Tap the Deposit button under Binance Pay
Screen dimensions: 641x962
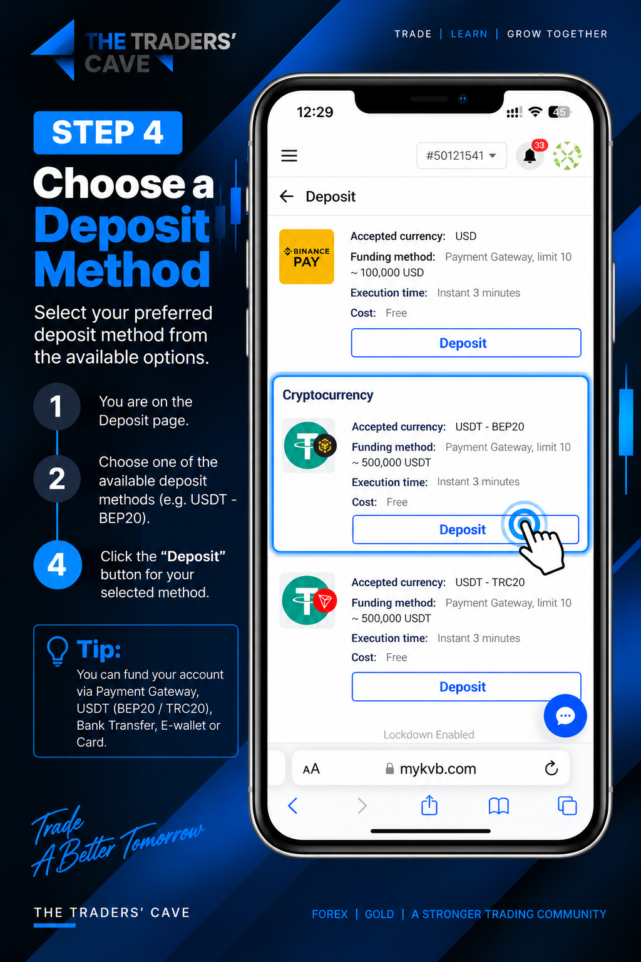coord(466,343)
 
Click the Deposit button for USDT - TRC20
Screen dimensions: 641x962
coord(466,686)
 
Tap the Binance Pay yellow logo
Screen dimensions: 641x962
coord(307,256)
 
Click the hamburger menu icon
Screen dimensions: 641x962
coord(289,155)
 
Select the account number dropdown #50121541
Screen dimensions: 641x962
coord(461,155)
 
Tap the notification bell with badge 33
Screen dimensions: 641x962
coord(531,155)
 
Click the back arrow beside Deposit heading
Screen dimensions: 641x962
coord(286,197)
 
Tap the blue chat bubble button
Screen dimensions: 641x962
coord(565,715)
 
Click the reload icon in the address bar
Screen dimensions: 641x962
coord(551,768)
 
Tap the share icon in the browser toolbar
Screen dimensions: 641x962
coord(429,805)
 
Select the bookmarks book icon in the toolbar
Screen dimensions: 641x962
coord(498,806)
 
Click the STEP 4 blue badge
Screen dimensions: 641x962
coord(108,132)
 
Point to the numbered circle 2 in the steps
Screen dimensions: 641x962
coord(57,478)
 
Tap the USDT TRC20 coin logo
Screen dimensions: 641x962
coord(307,601)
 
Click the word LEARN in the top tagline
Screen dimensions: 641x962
coord(469,34)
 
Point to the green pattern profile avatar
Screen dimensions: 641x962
coord(567,155)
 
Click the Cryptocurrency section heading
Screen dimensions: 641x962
coord(327,395)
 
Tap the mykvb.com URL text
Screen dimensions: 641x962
coord(438,768)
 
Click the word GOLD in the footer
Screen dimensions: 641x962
coord(379,914)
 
